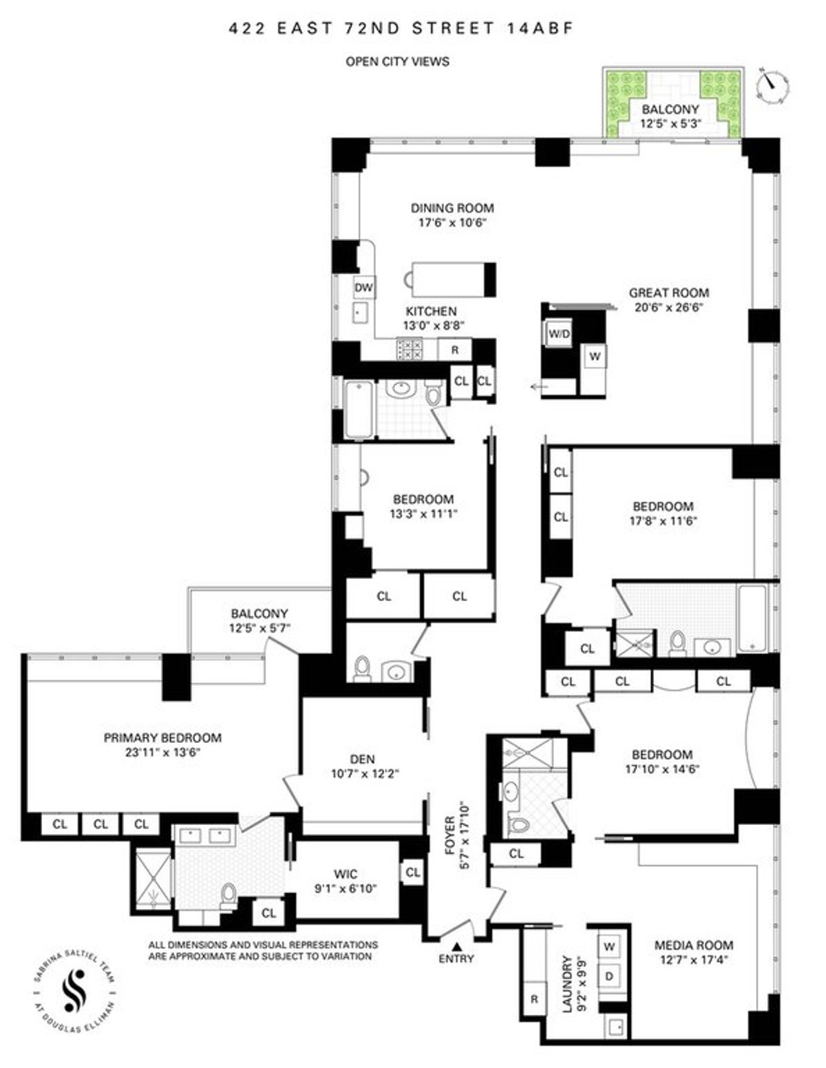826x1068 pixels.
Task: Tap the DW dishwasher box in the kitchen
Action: point(363,288)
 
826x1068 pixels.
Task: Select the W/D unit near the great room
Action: point(558,335)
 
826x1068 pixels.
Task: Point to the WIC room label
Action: point(345,875)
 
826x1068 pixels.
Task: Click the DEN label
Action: point(362,759)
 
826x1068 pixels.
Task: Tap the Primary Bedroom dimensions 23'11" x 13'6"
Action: point(162,752)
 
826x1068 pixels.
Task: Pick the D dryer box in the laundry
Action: point(609,976)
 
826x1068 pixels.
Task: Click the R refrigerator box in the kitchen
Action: point(454,350)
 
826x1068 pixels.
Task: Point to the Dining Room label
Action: point(452,208)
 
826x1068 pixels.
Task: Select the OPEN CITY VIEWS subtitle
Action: point(397,61)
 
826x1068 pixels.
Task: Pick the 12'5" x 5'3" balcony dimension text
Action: point(670,124)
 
